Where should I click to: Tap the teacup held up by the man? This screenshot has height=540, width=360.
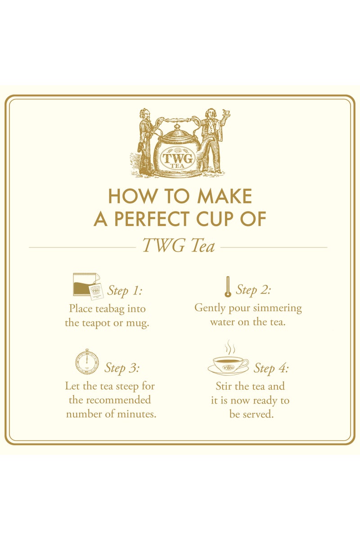point(226,112)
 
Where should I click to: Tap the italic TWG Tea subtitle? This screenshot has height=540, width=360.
point(179,246)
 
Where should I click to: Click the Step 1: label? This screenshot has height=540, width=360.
point(125,291)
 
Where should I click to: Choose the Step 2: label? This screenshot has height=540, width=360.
point(253,290)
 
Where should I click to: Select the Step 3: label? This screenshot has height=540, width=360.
point(122,368)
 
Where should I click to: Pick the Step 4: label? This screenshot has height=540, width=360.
point(271,368)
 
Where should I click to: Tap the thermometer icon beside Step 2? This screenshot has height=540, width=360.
point(228,287)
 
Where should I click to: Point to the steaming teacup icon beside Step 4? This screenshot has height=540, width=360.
point(228,360)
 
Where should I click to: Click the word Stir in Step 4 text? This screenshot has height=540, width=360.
point(224,386)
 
